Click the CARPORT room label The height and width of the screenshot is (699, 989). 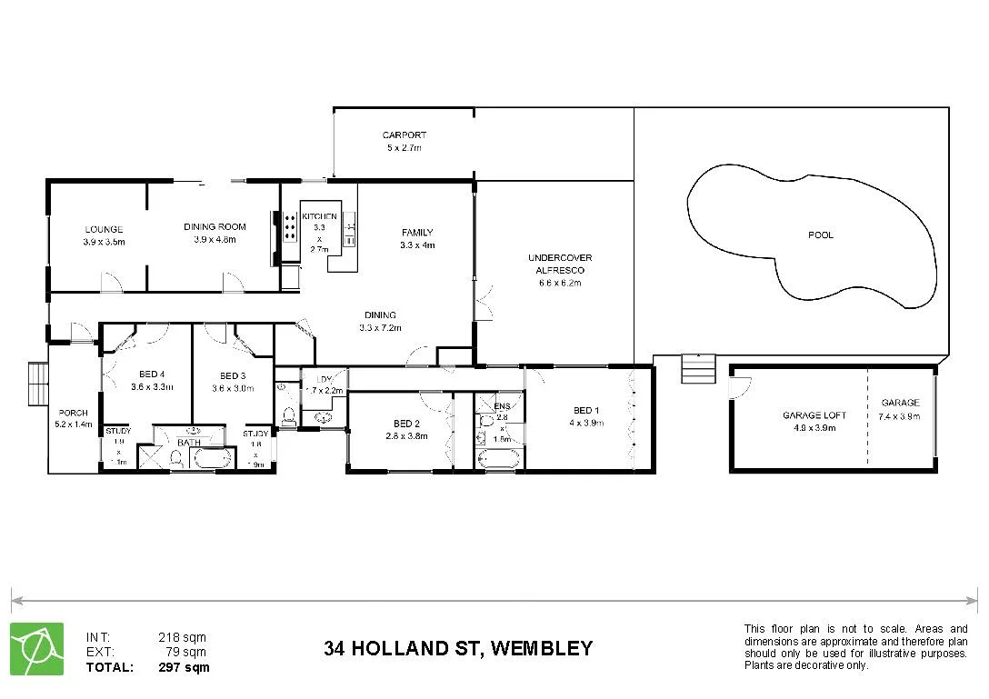[x=404, y=135]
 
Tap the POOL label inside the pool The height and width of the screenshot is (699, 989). [x=820, y=235]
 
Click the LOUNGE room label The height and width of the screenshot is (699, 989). [x=104, y=229]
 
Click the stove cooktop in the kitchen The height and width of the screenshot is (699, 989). [x=290, y=226]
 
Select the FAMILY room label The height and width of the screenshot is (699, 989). [x=417, y=233]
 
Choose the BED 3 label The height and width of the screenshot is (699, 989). [x=233, y=375]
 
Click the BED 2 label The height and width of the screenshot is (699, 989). [x=406, y=424]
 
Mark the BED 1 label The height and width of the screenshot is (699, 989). [x=586, y=410]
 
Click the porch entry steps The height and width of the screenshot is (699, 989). [x=37, y=384]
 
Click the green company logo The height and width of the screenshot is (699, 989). [x=36, y=649]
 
